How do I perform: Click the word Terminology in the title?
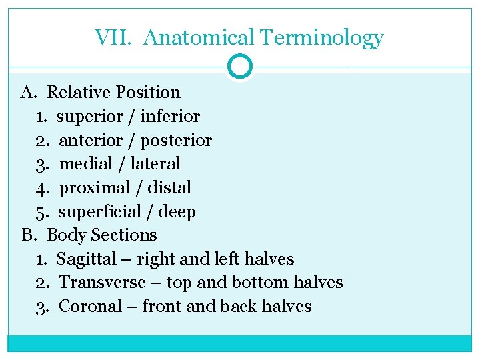(x=322, y=38)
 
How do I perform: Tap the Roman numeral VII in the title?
(x=115, y=37)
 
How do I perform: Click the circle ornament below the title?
(x=240, y=67)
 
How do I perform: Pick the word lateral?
(x=155, y=164)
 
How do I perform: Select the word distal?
(x=171, y=188)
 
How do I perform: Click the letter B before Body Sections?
(x=27, y=235)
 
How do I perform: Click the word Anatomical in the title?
(x=199, y=38)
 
